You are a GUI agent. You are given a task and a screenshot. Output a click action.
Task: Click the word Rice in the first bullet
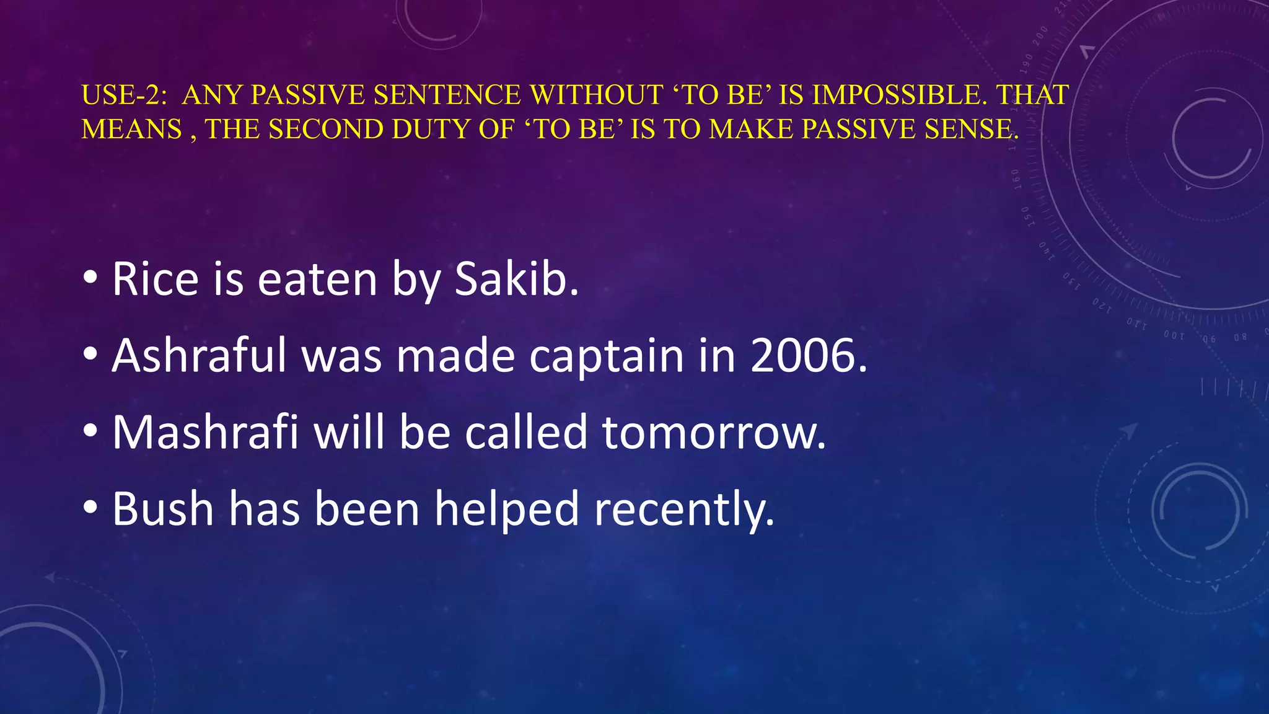pyautogui.click(x=155, y=280)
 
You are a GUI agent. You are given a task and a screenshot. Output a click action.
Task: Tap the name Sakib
pyautogui.click(x=517, y=280)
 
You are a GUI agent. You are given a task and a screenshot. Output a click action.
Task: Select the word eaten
pyautogui.click(x=317, y=280)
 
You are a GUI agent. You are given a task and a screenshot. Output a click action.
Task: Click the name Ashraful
pyautogui.click(x=199, y=356)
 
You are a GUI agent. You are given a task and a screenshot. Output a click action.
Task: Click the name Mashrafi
pyautogui.click(x=205, y=432)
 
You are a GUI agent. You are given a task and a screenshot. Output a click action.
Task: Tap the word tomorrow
pyautogui.click(x=713, y=432)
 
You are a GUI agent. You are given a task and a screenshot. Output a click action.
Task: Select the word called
pyautogui.click(x=525, y=432)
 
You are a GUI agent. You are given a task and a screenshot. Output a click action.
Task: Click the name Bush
pyautogui.click(x=163, y=509)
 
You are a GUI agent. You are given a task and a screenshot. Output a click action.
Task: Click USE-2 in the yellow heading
pyautogui.click(x=124, y=95)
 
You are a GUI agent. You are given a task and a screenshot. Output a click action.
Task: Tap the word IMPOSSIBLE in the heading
pyautogui.click(x=897, y=95)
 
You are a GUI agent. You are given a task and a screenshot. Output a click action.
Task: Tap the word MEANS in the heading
pyautogui.click(x=132, y=129)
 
